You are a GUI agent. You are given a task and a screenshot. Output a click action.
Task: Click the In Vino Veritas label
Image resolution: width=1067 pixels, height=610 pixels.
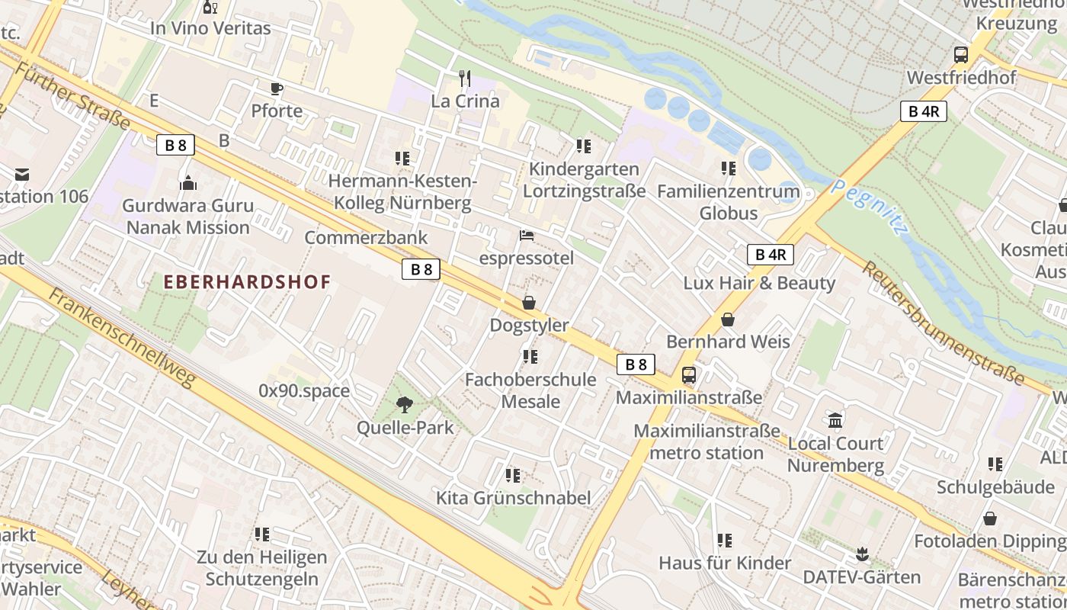coord(210,29)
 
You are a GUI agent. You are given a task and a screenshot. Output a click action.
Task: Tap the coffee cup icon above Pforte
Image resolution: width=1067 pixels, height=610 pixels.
coord(277,88)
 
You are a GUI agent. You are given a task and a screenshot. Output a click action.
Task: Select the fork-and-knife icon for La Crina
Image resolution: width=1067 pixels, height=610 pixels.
coord(465,78)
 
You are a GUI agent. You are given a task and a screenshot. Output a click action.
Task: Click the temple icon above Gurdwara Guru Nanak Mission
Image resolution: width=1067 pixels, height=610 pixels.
coord(187,183)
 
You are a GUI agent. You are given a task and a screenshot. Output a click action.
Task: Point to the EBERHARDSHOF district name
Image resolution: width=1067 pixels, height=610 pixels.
coord(248,282)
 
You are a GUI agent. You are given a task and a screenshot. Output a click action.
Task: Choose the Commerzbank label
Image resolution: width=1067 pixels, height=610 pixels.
coord(366,238)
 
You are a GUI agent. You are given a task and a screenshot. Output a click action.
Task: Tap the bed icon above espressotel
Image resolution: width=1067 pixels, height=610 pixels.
coord(527,236)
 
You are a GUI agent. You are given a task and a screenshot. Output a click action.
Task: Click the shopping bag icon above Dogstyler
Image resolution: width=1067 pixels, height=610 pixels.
coord(529,303)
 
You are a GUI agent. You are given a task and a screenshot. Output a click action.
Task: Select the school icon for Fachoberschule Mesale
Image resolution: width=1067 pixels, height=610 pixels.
coord(530,357)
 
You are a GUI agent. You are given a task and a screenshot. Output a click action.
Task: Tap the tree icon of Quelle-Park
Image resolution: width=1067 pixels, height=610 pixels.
coord(405,405)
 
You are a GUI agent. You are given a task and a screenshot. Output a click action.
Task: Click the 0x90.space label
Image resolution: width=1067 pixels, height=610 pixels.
coord(304,391)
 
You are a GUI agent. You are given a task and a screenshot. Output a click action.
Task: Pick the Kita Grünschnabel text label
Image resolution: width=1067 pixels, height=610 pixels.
coord(513,498)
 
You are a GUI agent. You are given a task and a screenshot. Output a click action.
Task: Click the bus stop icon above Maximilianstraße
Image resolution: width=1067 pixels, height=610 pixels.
coord(688,375)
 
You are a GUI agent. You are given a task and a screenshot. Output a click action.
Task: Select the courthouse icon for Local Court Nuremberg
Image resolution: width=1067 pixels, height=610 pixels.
coord(835,420)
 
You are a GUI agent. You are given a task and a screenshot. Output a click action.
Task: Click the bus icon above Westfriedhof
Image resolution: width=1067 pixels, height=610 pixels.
coord(960,55)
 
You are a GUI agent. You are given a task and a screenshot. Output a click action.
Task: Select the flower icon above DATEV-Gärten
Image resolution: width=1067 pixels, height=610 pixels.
coord(862,554)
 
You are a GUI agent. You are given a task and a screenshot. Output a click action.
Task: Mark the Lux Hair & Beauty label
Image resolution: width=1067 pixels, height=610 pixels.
coord(759,283)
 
